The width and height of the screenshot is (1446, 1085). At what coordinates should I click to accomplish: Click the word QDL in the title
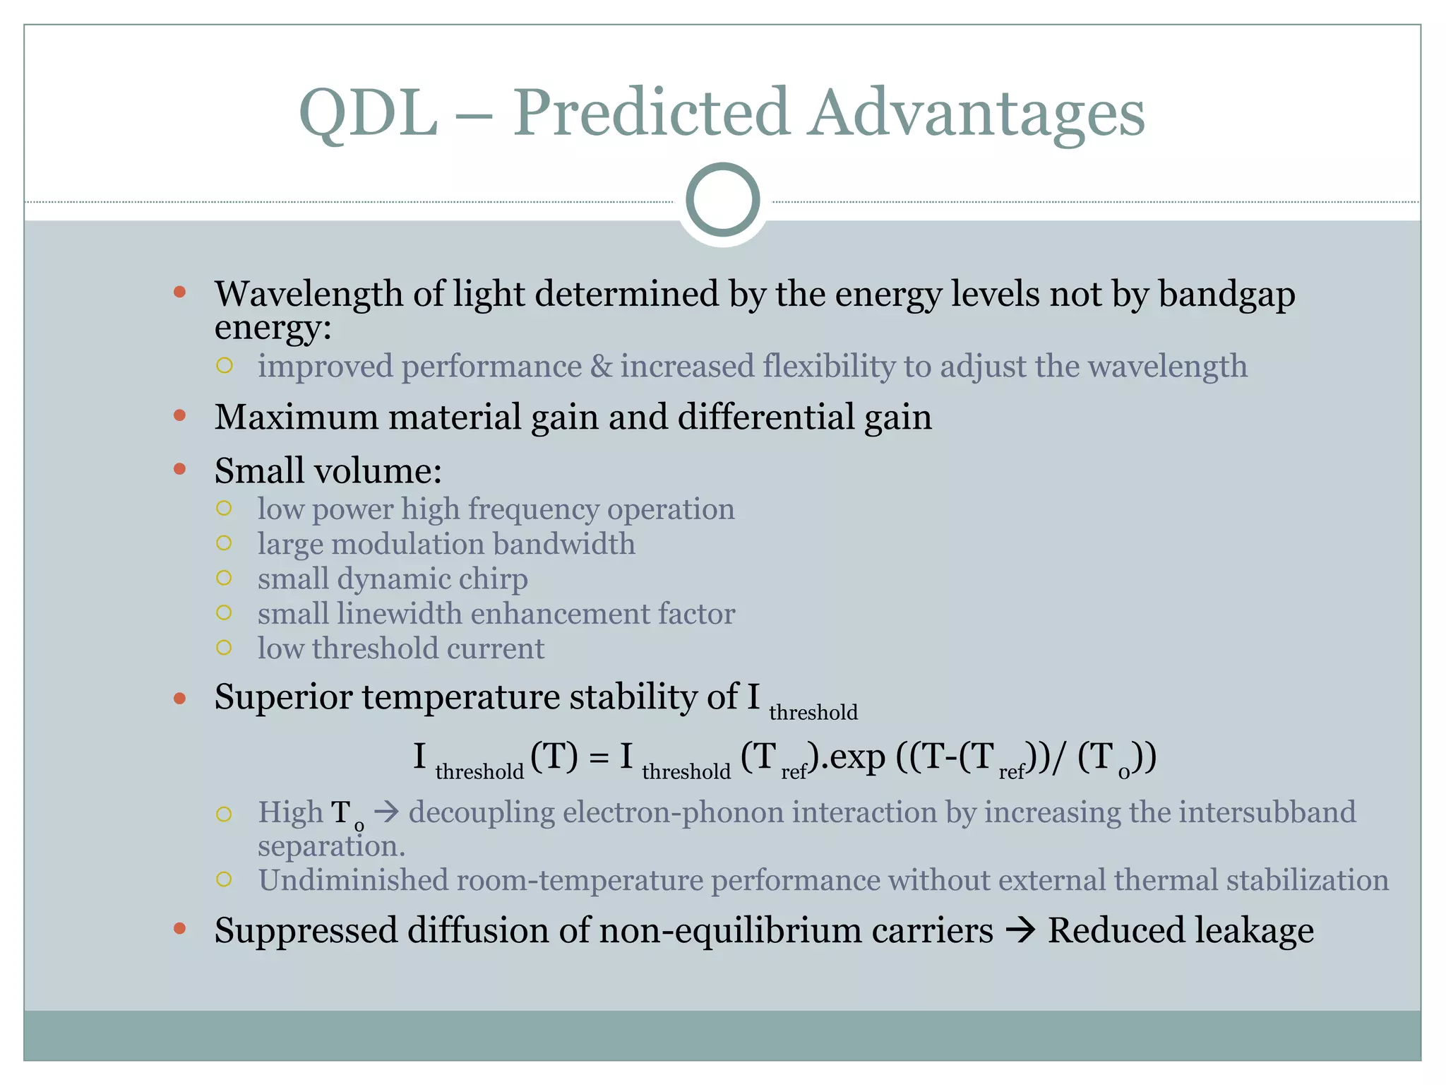pos(368,113)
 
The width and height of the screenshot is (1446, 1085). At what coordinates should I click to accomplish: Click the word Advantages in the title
pos(976,113)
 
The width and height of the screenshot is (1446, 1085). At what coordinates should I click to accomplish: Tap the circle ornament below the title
pos(722,200)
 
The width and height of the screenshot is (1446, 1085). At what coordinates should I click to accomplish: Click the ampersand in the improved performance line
pos(601,367)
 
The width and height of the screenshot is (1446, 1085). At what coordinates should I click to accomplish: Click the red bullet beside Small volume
pos(180,469)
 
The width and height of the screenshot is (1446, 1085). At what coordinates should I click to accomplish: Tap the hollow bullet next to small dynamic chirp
pos(224,578)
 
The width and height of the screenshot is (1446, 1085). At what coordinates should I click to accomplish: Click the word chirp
pos(493,579)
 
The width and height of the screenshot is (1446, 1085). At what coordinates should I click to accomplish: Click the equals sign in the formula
pos(598,758)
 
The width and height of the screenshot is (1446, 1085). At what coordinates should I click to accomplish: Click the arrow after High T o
pos(386,812)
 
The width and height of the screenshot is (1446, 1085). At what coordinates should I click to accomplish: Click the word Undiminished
pos(353,880)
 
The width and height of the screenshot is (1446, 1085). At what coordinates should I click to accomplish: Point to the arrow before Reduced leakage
pos(1020,930)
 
